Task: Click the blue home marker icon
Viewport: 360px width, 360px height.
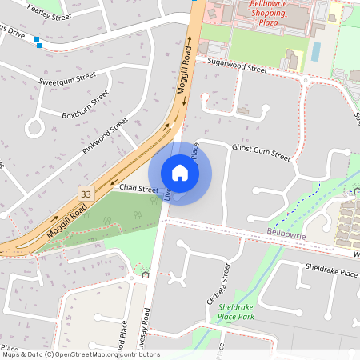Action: click(180, 173)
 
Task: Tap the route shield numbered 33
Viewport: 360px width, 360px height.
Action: click(85, 194)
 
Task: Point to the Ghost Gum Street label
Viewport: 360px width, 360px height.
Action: click(261, 153)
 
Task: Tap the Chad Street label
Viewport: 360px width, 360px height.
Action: click(139, 188)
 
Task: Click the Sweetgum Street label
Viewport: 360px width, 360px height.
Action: click(67, 79)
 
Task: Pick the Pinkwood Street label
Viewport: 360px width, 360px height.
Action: click(105, 136)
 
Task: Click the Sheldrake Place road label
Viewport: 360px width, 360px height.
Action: click(330, 273)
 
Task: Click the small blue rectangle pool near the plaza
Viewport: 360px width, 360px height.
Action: click(315, 51)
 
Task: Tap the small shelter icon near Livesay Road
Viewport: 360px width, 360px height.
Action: click(146, 274)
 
